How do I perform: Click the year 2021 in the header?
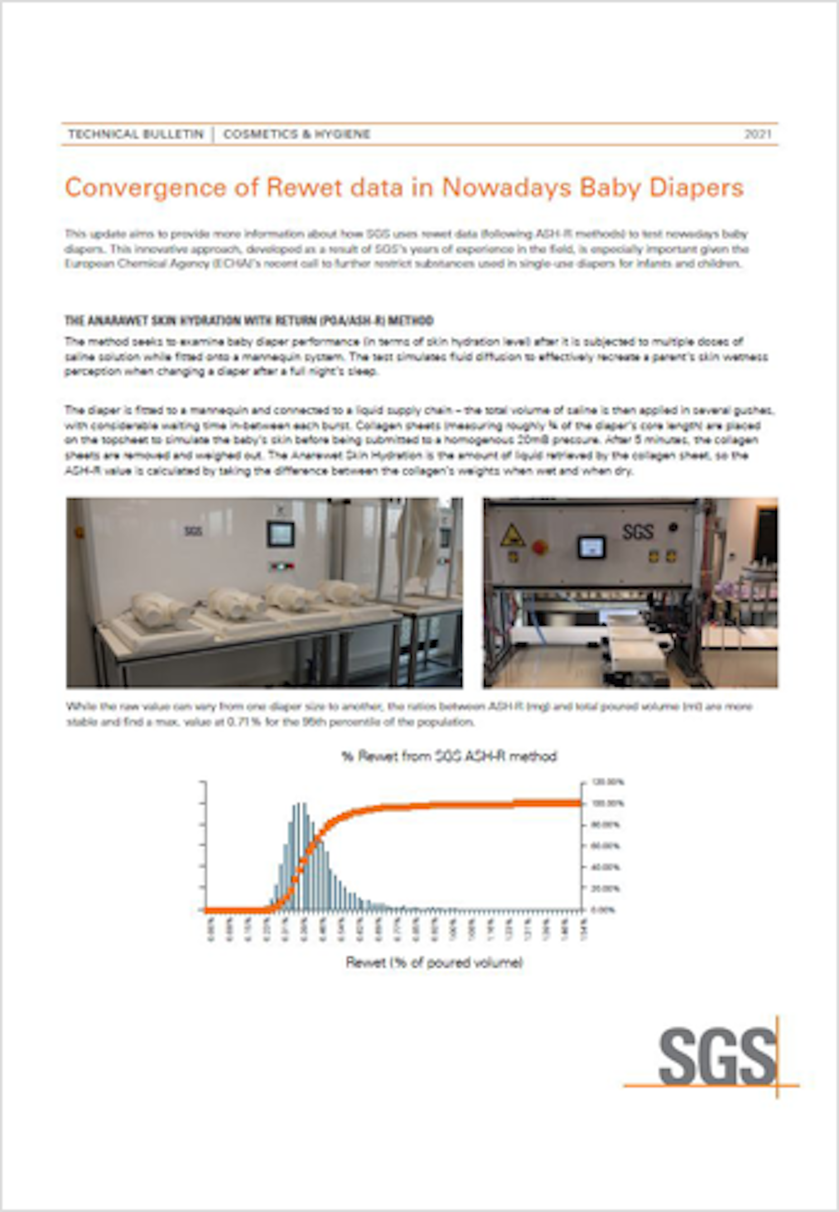pos(758,134)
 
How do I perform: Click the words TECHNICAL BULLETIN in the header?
pos(136,134)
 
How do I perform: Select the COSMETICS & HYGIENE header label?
pos(297,134)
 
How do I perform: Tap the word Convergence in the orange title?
pos(143,188)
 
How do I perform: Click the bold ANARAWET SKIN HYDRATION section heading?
pos(249,321)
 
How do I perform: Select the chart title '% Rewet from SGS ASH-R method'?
pos(449,756)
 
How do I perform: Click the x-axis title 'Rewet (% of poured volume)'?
pos(434,962)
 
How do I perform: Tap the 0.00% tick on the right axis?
pos(603,910)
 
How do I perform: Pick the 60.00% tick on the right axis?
pos(606,846)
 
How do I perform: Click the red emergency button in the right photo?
pos(540,547)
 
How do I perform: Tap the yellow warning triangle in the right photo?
pos(512,537)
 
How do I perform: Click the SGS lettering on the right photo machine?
pos(638,532)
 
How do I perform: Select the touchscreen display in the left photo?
pos(281,534)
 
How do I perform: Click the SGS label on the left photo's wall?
pos(193,532)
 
